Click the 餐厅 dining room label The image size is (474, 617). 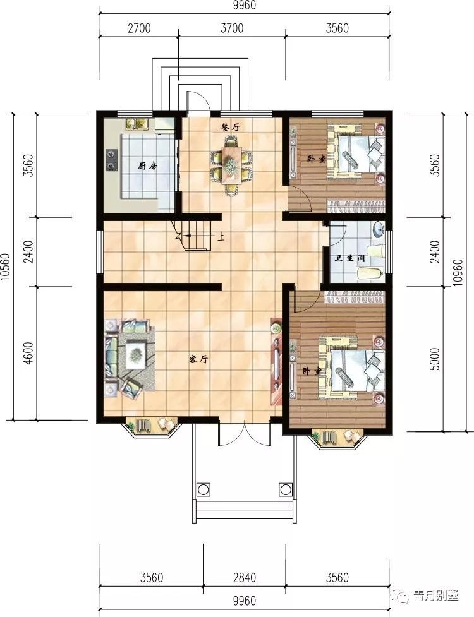click(x=230, y=128)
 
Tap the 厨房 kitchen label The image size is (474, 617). click(x=148, y=166)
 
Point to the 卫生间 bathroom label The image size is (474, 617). click(x=349, y=258)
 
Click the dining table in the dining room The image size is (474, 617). click(x=231, y=164)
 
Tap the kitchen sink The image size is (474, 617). click(x=137, y=124)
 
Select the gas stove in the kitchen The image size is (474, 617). click(x=112, y=160)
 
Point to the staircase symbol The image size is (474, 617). click(x=192, y=236)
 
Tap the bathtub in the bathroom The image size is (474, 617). click(x=370, y=273)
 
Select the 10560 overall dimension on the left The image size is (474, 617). click(x=6, y=267)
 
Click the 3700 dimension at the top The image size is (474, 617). click(x=232, y=28)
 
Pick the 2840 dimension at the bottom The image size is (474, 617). click(x=244, y=578)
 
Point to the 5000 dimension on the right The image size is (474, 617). click(x=434, y=359)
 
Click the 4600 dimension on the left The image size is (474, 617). click(x=28, y=354)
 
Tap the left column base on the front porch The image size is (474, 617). click(x=203, y=490)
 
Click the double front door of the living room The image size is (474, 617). click(x=245, y=433)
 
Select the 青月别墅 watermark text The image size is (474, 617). click(x=436, y=596)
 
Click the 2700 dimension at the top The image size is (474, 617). click(x=139, y=28)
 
